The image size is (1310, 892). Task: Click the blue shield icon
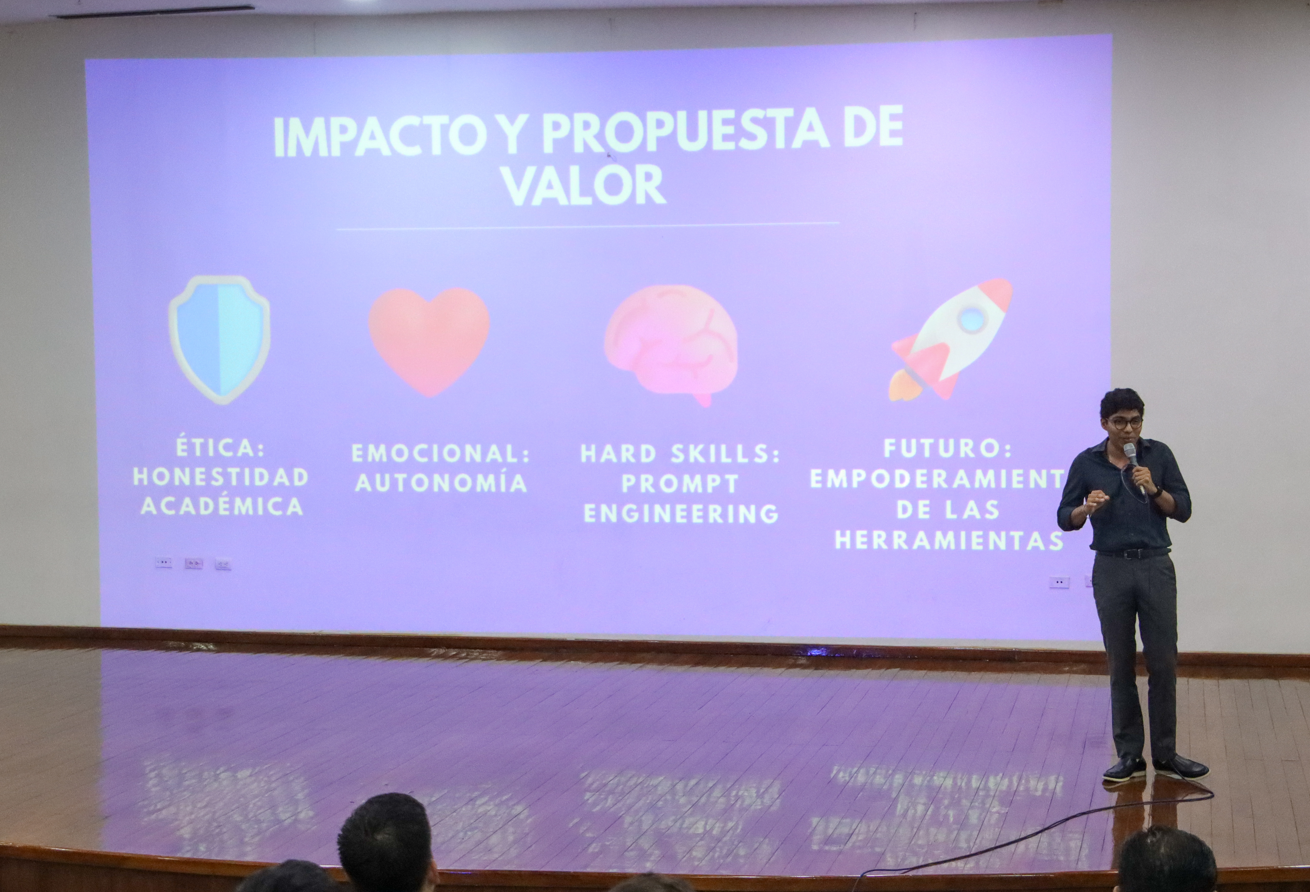coord(219,340)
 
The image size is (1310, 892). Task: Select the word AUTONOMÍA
coord(441,483)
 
